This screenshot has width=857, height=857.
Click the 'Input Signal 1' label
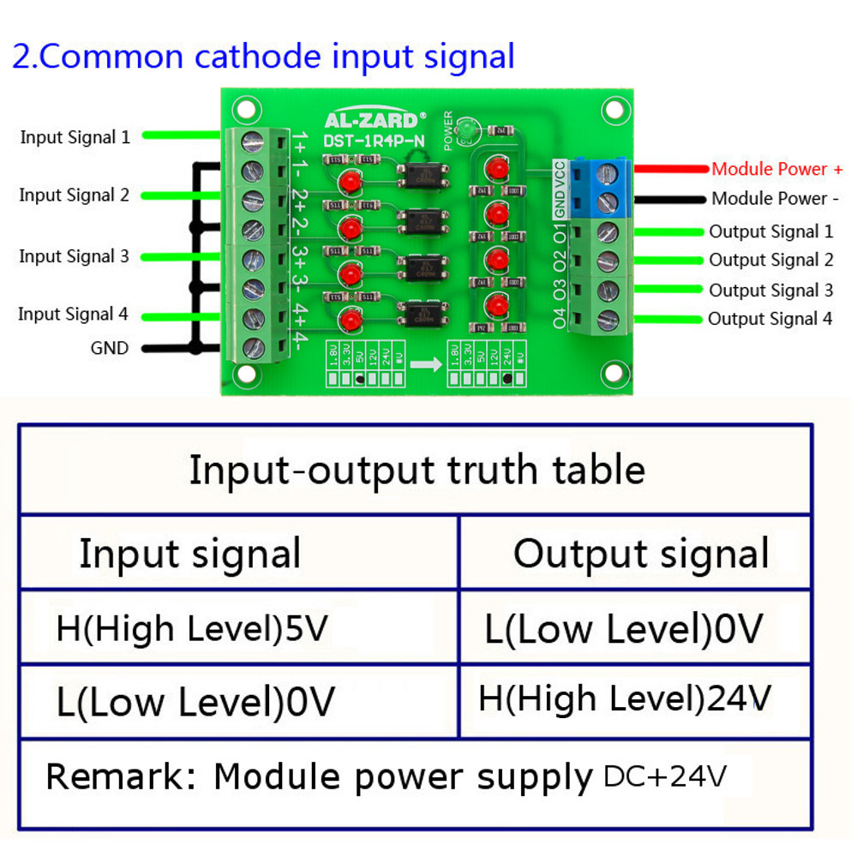tap(75, 137)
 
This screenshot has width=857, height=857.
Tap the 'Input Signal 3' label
tap(74, 256)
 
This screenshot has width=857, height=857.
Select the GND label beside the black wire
tap(110, 348)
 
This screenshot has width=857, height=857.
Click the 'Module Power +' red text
tap(776, 170)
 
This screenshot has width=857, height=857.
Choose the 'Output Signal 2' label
tap(770, 260)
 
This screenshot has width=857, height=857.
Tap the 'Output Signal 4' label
tap(770, 319)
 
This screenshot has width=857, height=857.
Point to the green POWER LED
tap(467, 131)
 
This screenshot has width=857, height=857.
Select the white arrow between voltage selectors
tap(426, 363)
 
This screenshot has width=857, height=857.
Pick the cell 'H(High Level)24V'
tap(625, 698)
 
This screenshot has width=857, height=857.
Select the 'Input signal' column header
tap(189, 554)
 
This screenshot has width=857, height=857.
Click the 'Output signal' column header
tap(641, 554)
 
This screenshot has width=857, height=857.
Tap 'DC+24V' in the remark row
tap(665, 776)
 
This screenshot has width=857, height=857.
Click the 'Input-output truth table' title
tap(417, 470)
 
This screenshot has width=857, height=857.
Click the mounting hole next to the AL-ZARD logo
tap(247, 111)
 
